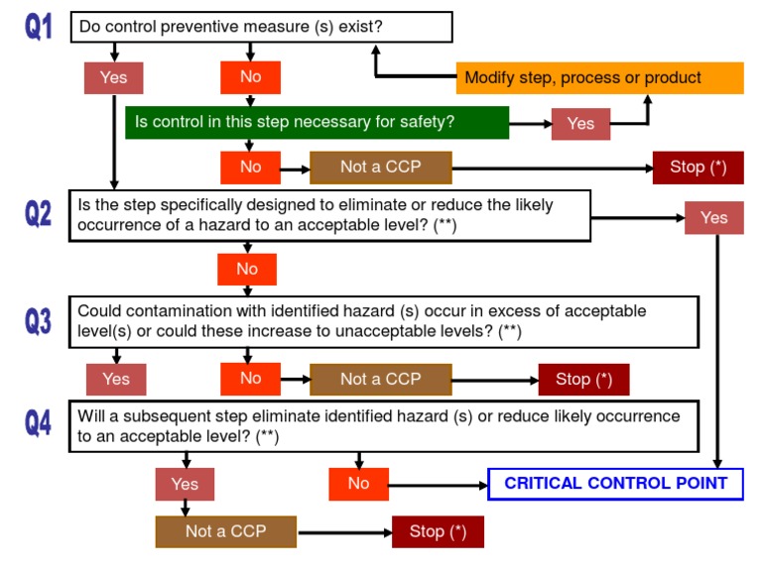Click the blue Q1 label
pos(39,27)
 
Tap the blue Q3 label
pos(39,320)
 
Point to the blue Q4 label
pos(39,423)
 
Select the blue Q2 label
pos(39,213)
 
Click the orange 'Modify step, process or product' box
pos(599,77)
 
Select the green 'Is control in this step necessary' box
pos(317,122)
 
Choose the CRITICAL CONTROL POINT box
pos(615,484)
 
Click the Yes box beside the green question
pos(580,123)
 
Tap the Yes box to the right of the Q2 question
pos(713,218)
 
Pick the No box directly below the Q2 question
pos(247,269)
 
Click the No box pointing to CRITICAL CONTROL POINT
pos(358,484)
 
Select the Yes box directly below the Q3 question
pos(116,379)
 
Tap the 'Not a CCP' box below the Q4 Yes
pos(225,531)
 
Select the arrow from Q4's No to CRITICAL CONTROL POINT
pos(438,484)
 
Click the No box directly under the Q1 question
pos(250,77)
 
